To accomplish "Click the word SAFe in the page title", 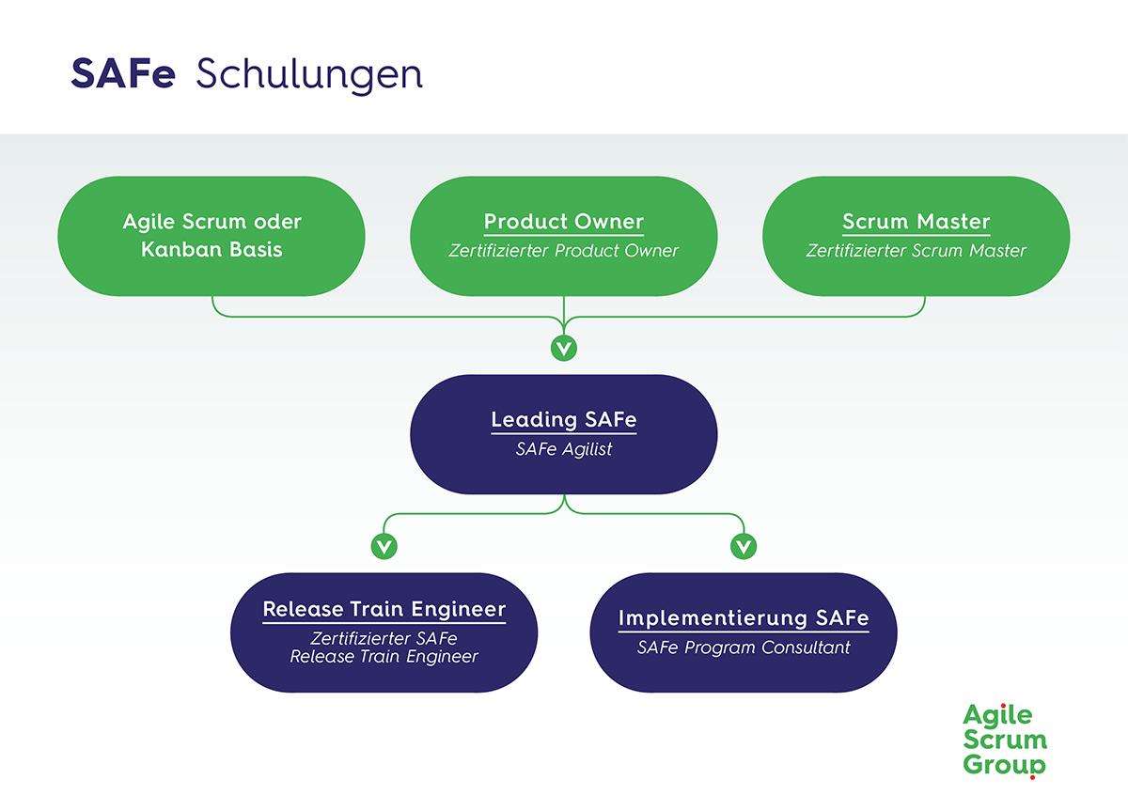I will click(x=123, y=74).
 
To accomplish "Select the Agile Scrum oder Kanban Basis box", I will click(x=211, y=236).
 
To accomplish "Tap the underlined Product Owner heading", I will click(x=563, y=222).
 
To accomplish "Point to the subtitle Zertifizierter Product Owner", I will click(x=563, y=251).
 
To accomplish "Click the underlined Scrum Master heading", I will click(x=916, y=222).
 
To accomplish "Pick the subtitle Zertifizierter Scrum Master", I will click(x=916, y=251).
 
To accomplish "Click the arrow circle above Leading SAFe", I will click(x=563, y=349).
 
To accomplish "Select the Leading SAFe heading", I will click(x=563, y=420).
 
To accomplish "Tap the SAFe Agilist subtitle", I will click(x=563, y=449).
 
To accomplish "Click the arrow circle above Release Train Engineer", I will click(x=383, y=545).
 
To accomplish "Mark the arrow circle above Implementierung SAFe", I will click(x=743, y=545).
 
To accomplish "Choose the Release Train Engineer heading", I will click(x=384, y=609).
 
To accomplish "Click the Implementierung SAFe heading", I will click(x=743, y=618).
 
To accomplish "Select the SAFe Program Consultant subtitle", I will click(x=743, y=647).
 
